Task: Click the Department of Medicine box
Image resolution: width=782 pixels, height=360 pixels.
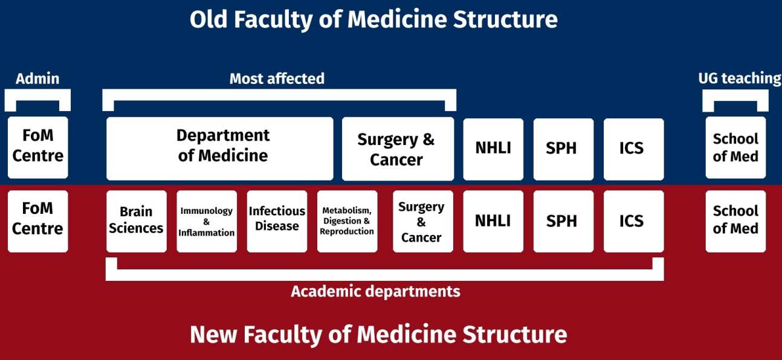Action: tap(220, 149)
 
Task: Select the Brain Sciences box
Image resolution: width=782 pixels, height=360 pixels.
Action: tap(137, 221)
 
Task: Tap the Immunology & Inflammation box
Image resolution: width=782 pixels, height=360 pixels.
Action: tap(207, 221)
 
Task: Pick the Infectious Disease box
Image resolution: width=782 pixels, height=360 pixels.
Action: tap(277, 221)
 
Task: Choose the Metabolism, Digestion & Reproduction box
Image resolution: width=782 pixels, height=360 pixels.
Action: tap(347, 221)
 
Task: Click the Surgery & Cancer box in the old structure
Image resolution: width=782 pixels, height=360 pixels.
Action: tap(398, 149)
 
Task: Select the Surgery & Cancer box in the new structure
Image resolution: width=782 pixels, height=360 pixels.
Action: tap(423, 221)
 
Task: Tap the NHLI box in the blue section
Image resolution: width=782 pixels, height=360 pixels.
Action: tap(493, 149)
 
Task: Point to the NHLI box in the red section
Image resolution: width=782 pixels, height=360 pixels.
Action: tap(493, 221)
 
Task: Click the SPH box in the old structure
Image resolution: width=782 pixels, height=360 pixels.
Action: tap(563, 149)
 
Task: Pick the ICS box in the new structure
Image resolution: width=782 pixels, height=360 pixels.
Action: tap(633, 221)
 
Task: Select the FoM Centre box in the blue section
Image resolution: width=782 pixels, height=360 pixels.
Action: tap(37, 147)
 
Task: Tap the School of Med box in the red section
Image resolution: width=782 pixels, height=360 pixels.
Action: tap(735, 221)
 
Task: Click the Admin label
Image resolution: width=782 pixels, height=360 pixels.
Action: tap(37, 79)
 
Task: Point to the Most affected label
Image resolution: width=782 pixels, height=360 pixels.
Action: tap(277, 79)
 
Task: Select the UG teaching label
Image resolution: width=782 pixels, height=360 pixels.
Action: tap(740, 79)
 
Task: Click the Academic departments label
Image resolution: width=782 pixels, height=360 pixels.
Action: tap(375, 292)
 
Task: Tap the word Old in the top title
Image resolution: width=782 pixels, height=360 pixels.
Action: tap(208, 19)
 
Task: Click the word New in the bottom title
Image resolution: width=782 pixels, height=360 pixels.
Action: tap(214, 335)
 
